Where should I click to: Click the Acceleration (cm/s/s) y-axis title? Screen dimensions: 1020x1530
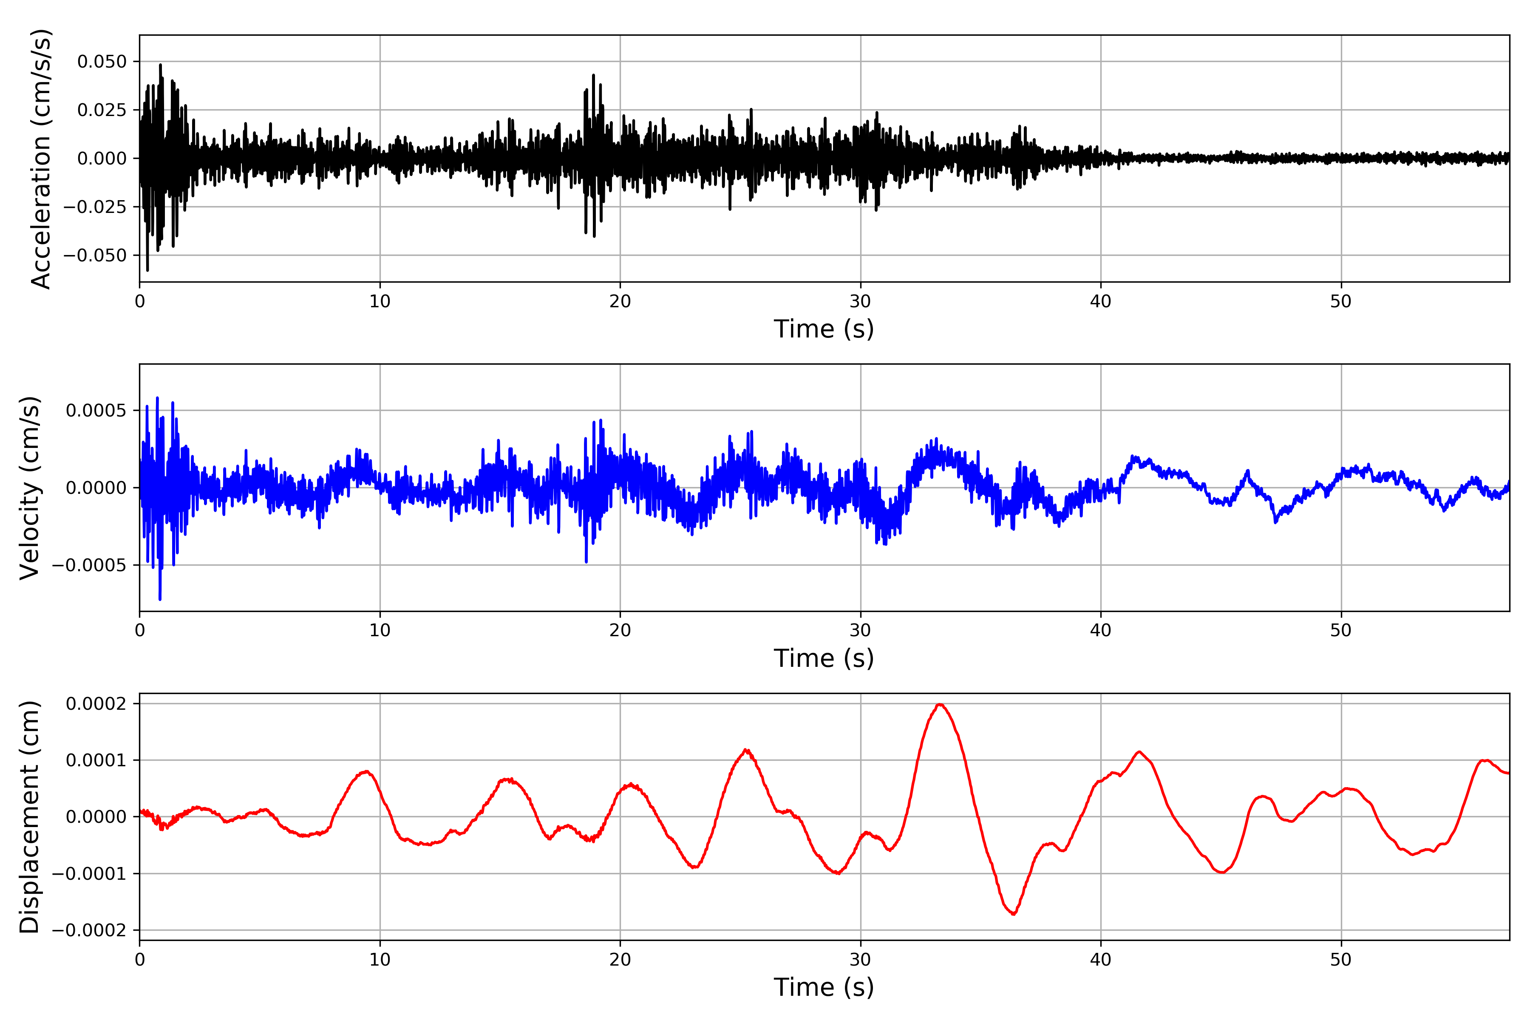(x=40, y=159)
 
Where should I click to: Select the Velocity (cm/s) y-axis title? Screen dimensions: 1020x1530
(x=30, y=488)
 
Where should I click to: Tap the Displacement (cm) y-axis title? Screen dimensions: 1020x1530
(x=30, y=817)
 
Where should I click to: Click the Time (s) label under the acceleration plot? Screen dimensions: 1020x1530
(x=824, y=329)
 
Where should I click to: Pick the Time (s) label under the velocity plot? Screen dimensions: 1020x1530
(x=824, y=658)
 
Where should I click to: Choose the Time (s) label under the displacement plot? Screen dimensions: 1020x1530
(x=824, y=987)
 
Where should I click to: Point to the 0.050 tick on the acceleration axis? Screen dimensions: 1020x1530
(x=102, y=62)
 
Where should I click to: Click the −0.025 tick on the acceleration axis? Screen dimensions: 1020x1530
(x=95, y=207)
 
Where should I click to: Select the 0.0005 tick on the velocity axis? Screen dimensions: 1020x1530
(x=96, y=411)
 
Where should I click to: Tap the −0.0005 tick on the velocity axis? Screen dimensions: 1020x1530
(x=90, y=565)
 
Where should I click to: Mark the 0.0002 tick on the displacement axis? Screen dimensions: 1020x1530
(x=96, y=704)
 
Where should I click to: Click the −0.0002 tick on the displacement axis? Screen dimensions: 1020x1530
(x=90, y=930)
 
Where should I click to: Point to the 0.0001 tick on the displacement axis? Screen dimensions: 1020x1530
(x=96, y=760)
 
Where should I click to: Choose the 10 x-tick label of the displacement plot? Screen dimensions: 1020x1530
(x=380, y=960)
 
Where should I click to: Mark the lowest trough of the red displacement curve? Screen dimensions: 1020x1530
(x=1014, y=915)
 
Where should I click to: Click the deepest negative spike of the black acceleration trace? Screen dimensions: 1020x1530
(x=147, y=270)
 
